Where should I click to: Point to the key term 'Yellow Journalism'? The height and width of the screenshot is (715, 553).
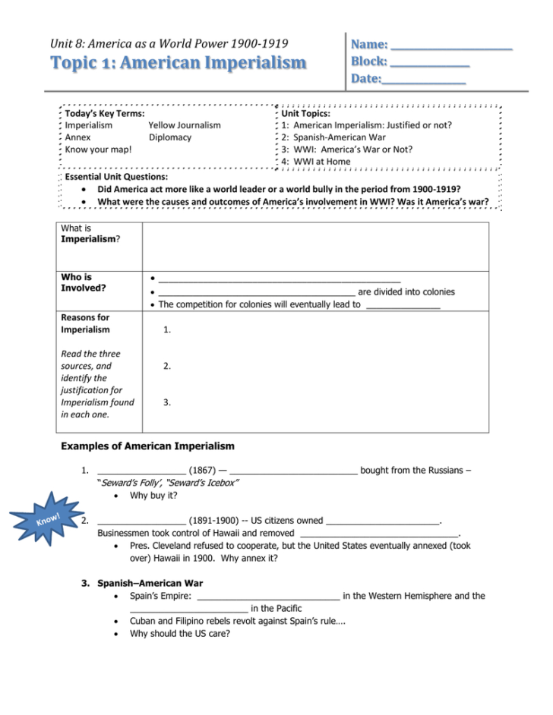point(185,125)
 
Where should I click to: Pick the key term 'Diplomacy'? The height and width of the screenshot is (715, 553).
point(170,137)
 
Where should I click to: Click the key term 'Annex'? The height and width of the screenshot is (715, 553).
point(77,137)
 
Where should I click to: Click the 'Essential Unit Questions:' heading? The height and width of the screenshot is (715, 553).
point(114,176)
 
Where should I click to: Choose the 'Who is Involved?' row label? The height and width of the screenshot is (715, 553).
point(84,282)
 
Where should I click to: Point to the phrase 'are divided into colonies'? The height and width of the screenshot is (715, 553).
point(406,291)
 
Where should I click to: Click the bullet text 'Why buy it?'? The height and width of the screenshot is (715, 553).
point(153,496)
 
